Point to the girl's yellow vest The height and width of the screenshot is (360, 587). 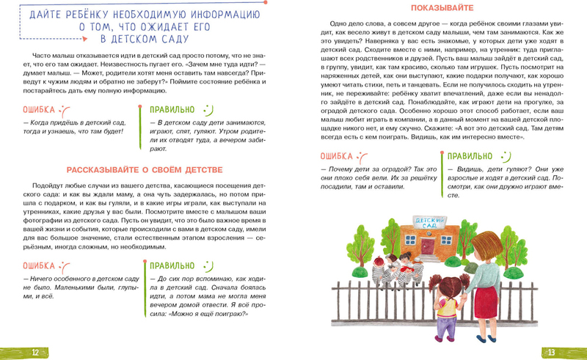point(447,309)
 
